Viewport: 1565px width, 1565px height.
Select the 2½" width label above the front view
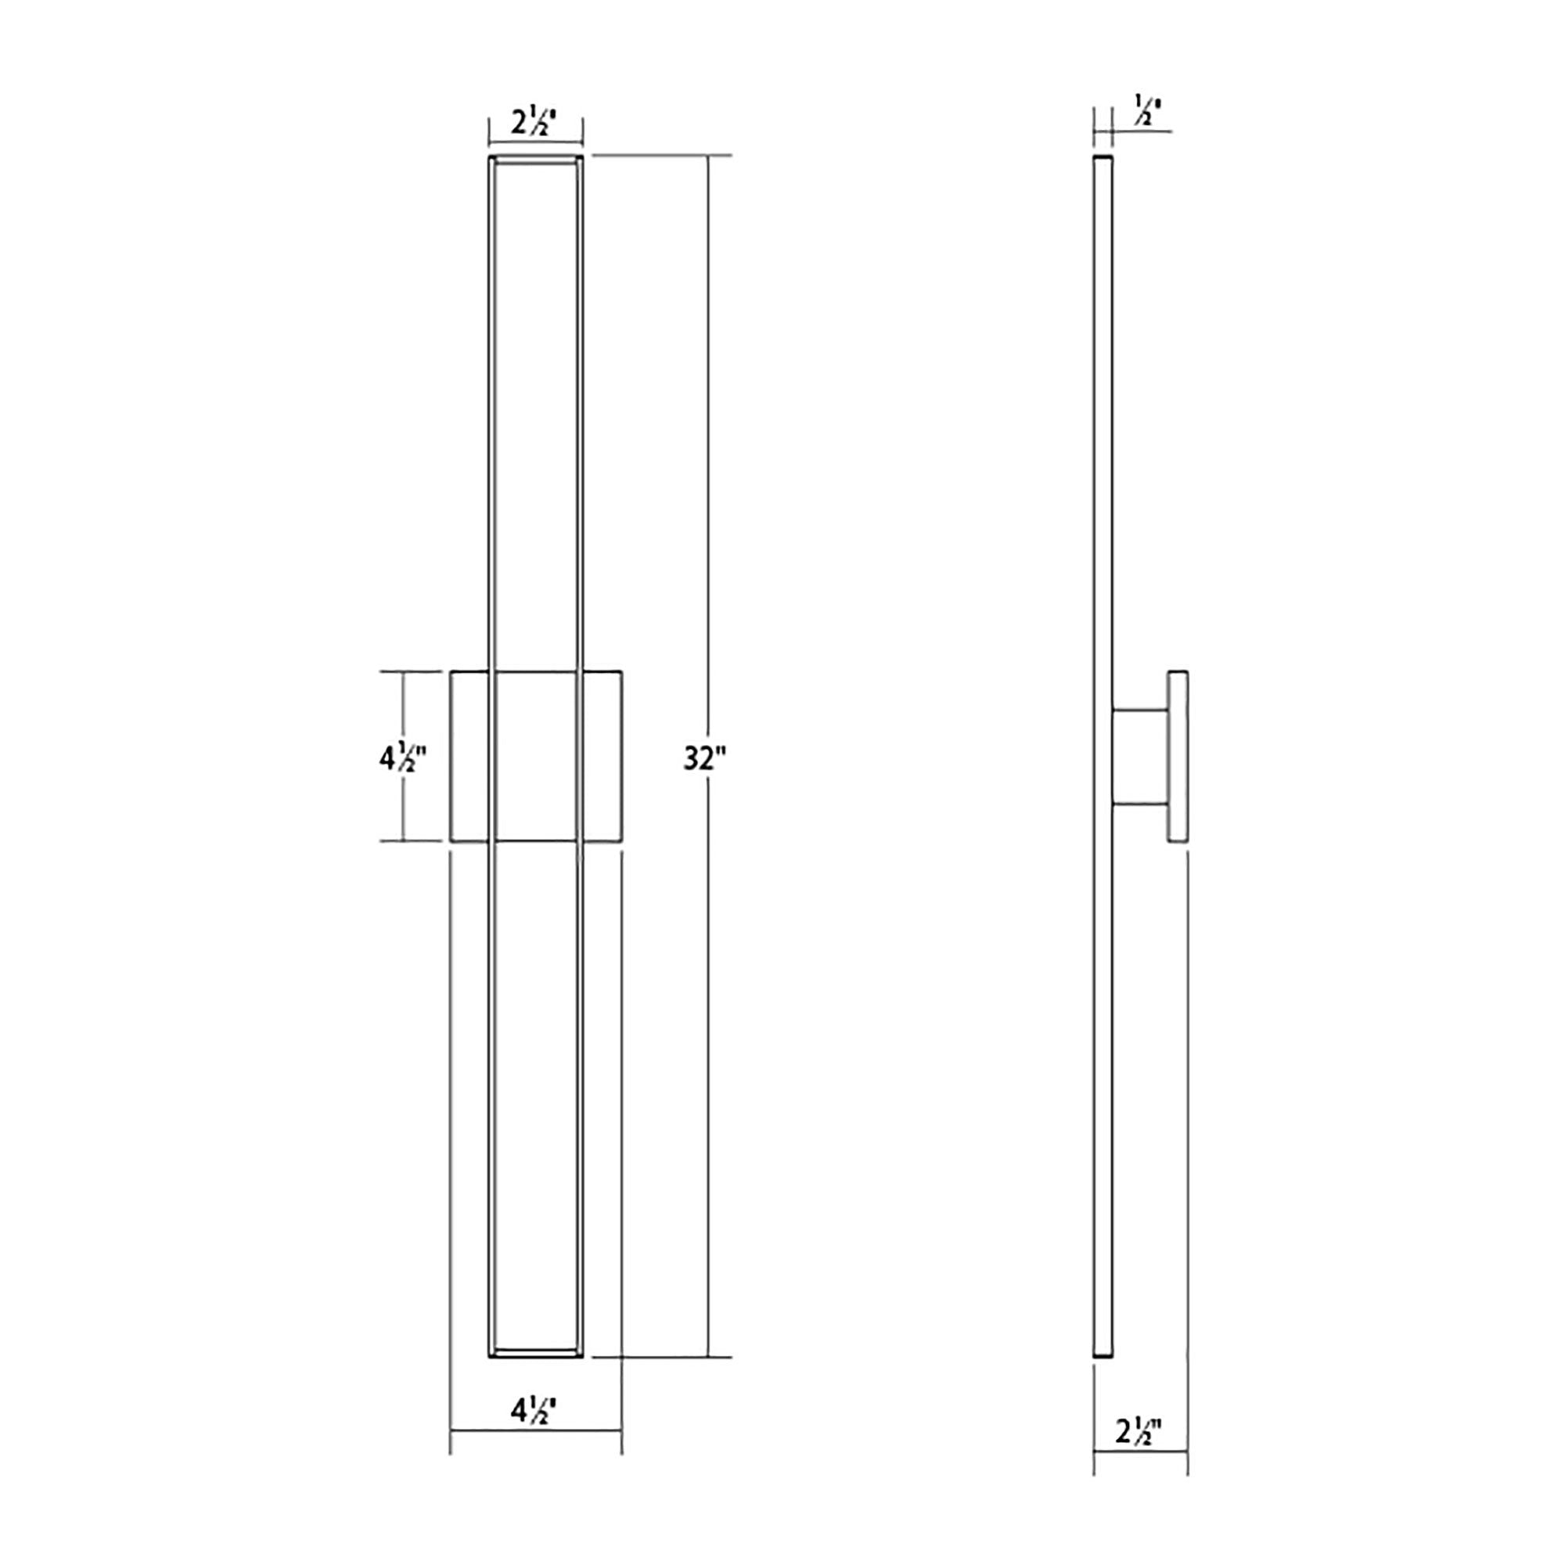[x=535, y=123]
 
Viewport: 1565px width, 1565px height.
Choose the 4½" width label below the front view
[x=533, y=1411]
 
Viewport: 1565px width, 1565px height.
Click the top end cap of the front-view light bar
[x=535, y=159]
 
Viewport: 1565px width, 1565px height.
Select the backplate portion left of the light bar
[x=469, y=756]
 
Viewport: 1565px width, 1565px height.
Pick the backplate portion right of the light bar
[x=602, y=756]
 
